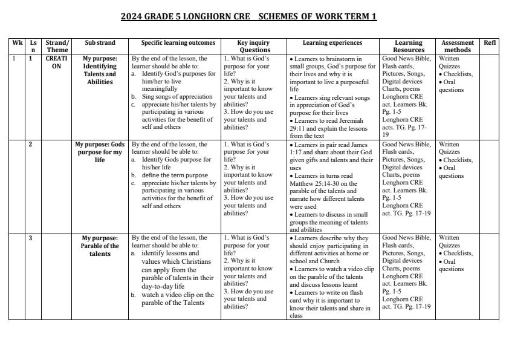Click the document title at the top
[248, 16]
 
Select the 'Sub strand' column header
[100, 43]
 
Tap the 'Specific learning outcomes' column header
[178, 43]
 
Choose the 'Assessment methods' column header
[458, 47]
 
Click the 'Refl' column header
[490, 43]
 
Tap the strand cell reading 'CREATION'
[56, 62]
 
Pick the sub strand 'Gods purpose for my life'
[100, 152]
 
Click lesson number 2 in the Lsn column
[31, 145]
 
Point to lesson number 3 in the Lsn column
[31, 238]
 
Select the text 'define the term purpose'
[175, 175]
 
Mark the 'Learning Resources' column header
[408, 47]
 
